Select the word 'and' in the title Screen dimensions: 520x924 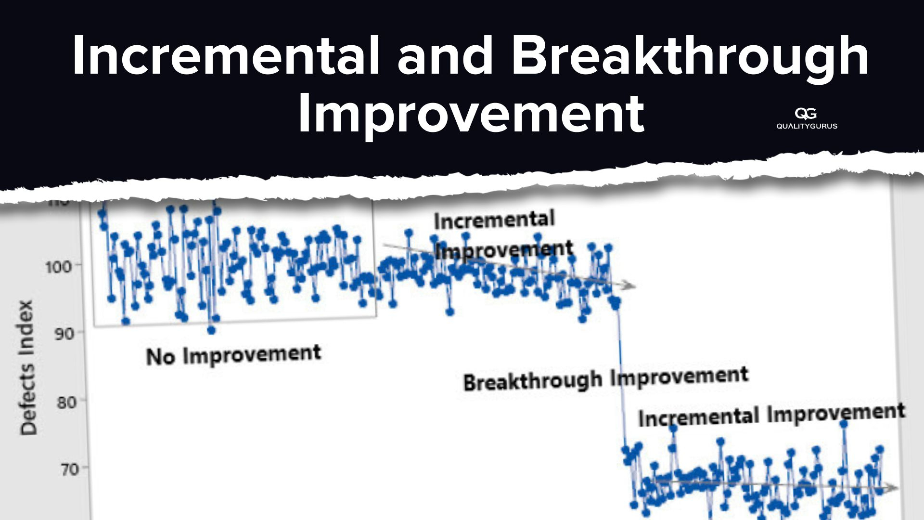pos(445,55)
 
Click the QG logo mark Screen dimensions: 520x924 pos(806,114)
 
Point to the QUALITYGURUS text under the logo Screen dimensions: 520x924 pos(807,126)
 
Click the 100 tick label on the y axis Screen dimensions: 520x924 pos(58,266)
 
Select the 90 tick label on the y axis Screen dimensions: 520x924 pos(64,334)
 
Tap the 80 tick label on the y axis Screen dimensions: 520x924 pos(66,402)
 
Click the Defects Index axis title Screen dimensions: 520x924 pos(28,368)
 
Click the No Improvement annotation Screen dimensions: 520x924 pos(233,355)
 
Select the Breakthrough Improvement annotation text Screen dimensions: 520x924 pos(605,379)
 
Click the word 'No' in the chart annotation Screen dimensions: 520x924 pos(160,357)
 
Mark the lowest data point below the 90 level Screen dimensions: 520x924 pos(211,330)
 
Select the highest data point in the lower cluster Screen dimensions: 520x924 pos(843,424)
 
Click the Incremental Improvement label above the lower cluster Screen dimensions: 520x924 pos(771,415)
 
